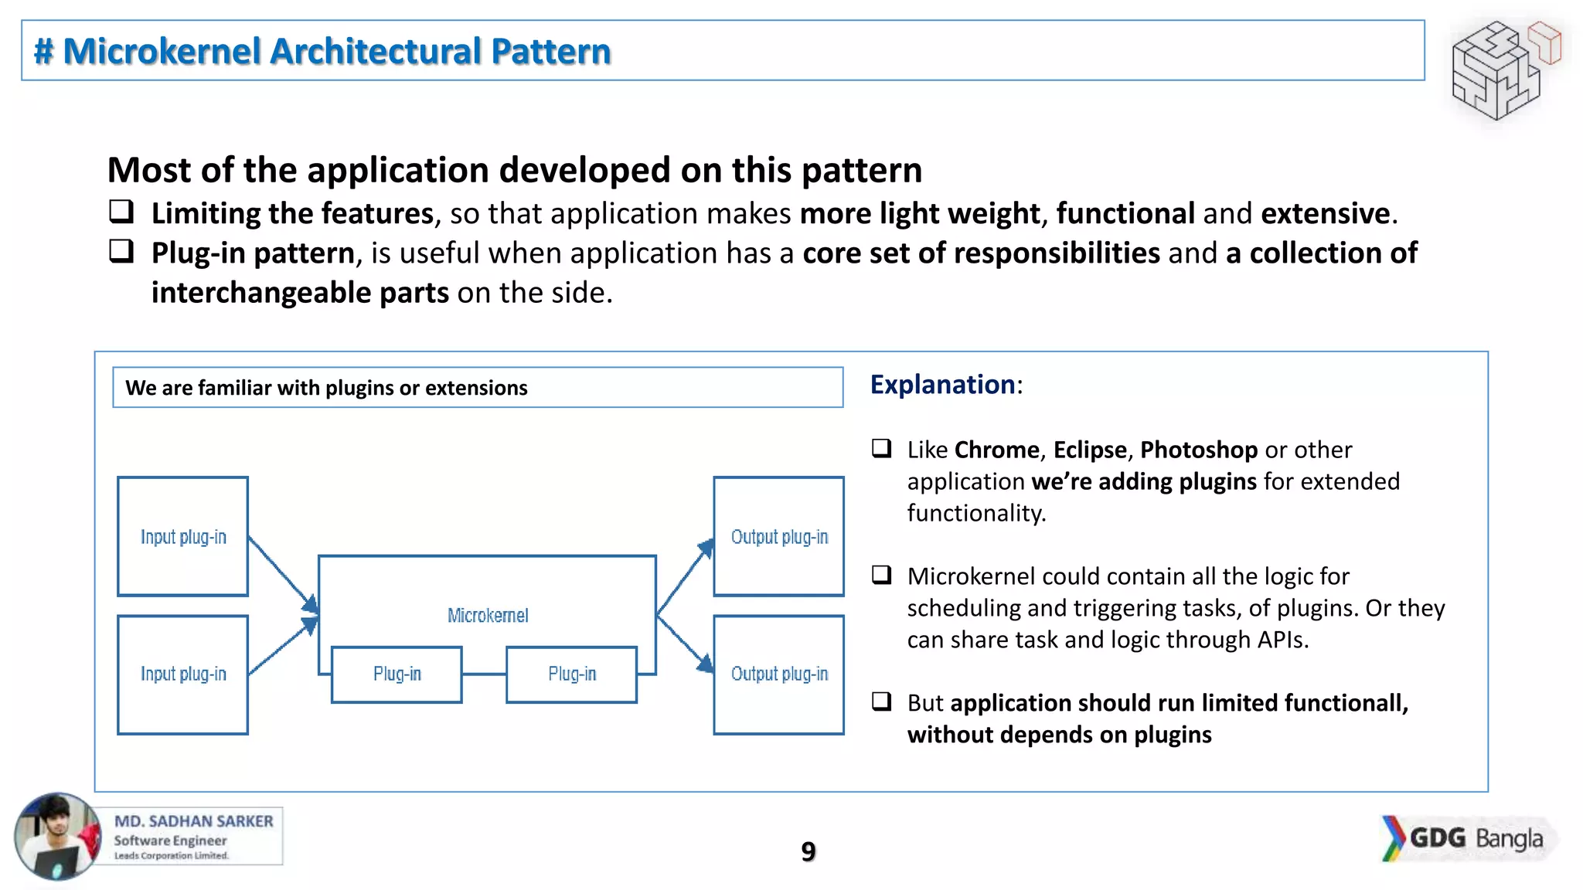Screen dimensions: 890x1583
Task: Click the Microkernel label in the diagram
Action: coord(488,615)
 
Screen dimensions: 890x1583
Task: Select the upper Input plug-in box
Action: coord(183,536)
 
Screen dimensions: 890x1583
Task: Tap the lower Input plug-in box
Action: coord(183,674)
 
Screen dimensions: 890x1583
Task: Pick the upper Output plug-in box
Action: coord(778,536)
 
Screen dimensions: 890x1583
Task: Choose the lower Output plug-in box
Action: coord(778,674)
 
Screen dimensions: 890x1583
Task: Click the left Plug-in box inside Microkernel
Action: coord(397,674)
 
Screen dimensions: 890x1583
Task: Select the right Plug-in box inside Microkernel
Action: coord(571,674)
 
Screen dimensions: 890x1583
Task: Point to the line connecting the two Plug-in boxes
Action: coord(484,674)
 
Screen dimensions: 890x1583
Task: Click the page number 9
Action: coord(808,851)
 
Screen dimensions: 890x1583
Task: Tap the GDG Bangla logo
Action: coord(1466,838)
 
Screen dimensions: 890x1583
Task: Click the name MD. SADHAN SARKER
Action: coord(193,821)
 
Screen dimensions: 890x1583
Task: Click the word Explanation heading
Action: coord(942,385)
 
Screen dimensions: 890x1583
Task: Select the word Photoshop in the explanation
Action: coord(1198,450)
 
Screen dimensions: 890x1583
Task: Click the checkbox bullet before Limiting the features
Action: coord(121,211)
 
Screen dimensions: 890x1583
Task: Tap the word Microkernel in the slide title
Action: coord(162,51)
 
